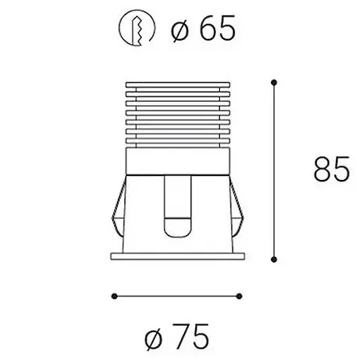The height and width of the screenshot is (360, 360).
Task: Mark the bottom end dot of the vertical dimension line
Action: pos(275,256)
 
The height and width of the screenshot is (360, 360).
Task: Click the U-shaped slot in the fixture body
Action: pos(178,207)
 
